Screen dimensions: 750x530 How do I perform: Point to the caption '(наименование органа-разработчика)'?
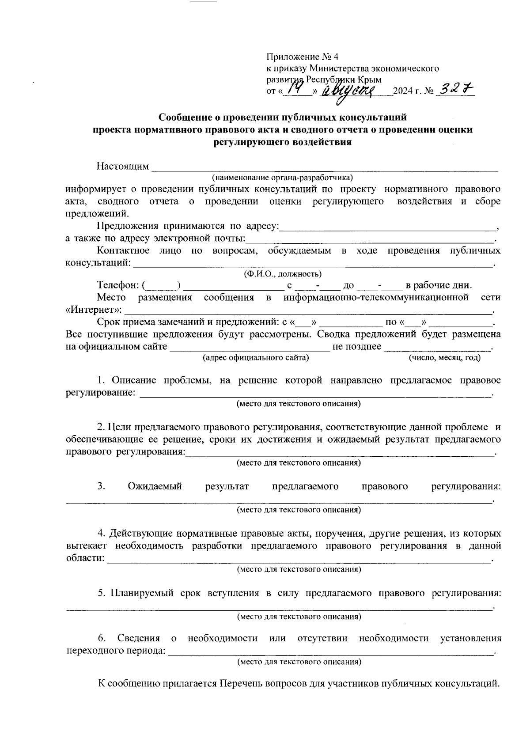click(x=283, y=178)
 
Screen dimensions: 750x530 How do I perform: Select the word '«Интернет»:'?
click(x=93, y=310)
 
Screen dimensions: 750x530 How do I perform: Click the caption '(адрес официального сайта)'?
click(x=255, y=358)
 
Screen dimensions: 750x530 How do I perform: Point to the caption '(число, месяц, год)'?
click(x=445, y=358)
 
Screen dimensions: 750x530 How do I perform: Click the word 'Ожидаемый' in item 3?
click(x=155, y=487)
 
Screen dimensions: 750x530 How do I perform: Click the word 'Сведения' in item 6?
click(x=139, y=638)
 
